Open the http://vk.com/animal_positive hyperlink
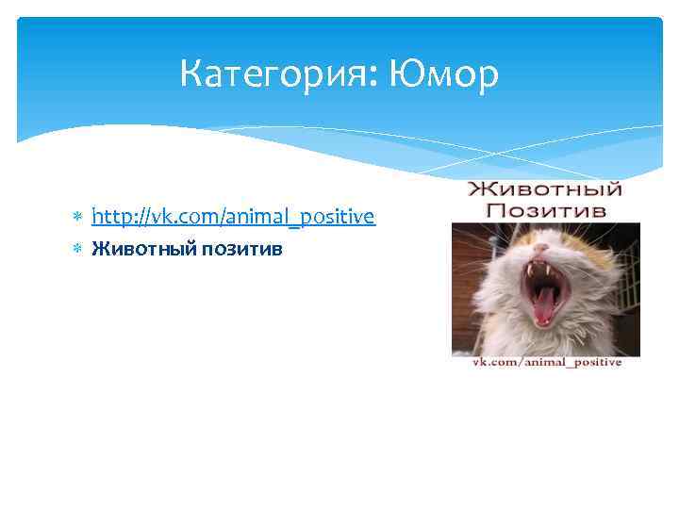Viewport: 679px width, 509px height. coord(233,218)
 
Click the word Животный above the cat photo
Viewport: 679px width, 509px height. coord(546,188)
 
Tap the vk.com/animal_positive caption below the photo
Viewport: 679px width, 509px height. coord(546,363)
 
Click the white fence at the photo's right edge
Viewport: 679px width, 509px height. coord(630,283)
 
